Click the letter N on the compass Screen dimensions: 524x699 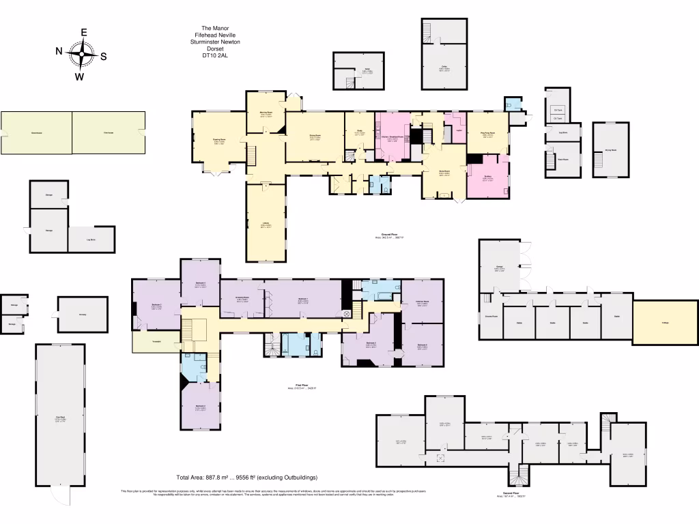[60, 51]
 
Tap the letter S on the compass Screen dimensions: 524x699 [104, 57]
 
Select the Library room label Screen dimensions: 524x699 [263, 224]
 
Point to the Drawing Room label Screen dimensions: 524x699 [218, 140]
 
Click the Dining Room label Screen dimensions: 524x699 [315, 136]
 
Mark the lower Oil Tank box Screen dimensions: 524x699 [558, 118]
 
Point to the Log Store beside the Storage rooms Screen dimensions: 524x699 [91, 239]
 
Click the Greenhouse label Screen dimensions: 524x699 [36, 132]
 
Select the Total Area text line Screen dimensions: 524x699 [246, 477]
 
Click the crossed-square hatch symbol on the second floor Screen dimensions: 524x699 [440, 458]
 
